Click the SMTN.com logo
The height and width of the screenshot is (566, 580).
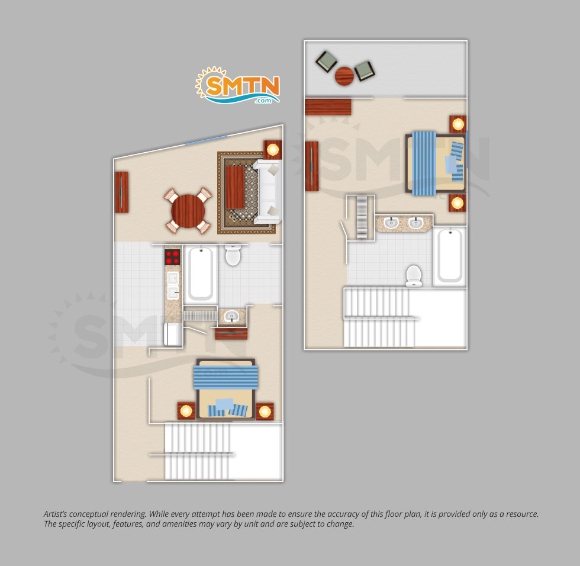238,85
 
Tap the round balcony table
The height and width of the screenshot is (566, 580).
344,76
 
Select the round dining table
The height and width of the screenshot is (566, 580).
188,211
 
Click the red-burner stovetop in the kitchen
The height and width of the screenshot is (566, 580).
172,257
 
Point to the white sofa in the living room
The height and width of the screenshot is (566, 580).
268,191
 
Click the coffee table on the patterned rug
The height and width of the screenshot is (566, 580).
236,187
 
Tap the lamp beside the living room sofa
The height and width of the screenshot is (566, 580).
273,150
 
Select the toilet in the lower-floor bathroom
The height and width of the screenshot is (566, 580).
233,255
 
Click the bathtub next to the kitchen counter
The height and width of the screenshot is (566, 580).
201,274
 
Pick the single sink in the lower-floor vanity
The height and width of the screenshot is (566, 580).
231,316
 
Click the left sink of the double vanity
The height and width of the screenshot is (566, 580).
391,223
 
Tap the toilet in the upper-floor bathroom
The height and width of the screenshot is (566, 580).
414,276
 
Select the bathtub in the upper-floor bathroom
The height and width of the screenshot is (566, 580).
450,256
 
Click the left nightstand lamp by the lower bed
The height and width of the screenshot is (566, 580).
186,411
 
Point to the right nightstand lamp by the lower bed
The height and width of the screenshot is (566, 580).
265,411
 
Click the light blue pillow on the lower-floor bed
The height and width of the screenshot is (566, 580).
224,404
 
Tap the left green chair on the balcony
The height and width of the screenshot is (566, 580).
326,62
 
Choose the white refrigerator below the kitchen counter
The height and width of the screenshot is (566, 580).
173,334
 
